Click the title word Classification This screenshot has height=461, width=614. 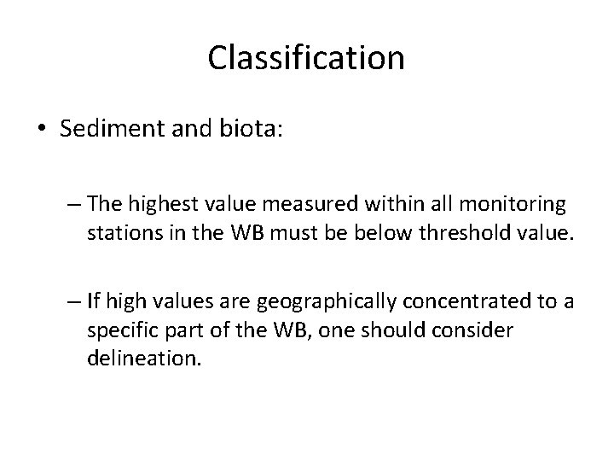click(x=306, y=59)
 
